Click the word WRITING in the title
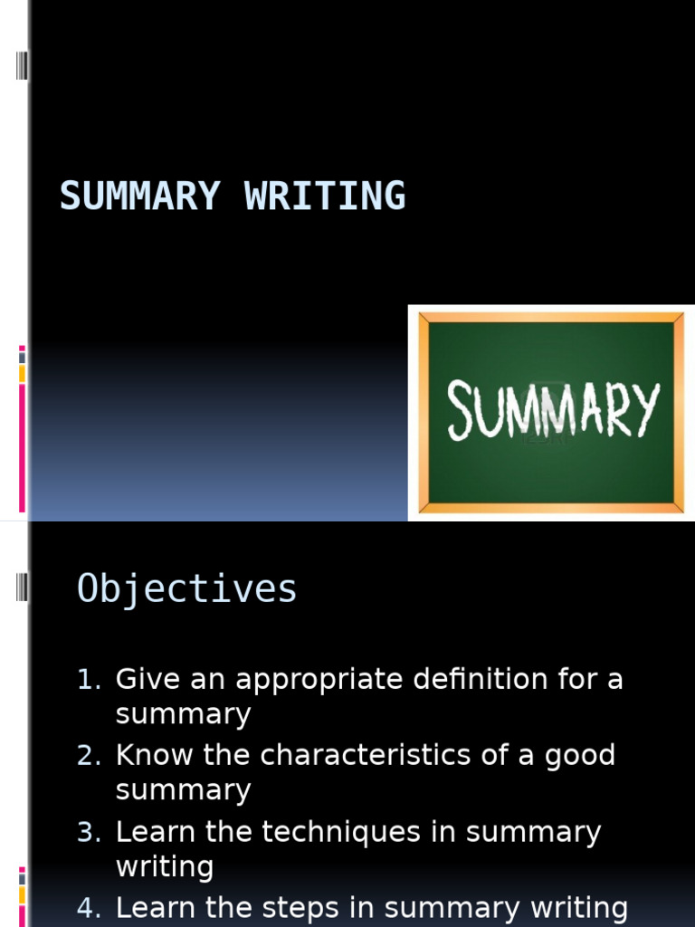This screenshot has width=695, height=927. coord(325,196)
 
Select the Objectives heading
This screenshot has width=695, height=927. coord(187,589)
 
